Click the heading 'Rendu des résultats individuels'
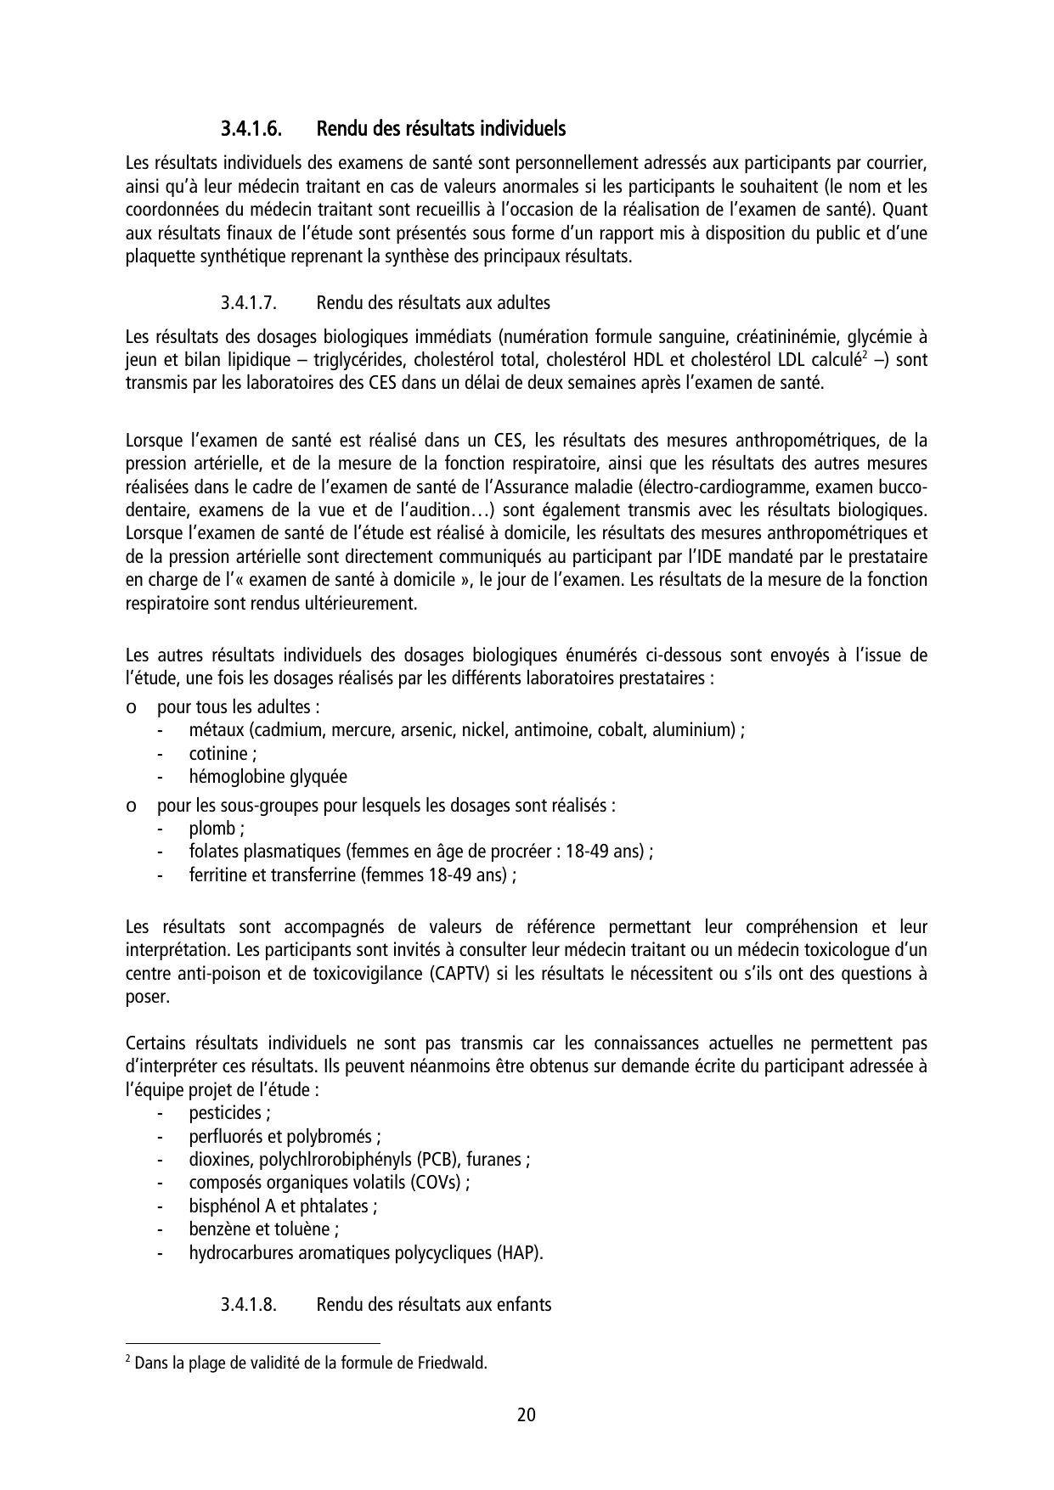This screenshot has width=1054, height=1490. click(x=441, y=130)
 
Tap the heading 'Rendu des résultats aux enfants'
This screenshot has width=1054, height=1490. click(x=433, y=1305)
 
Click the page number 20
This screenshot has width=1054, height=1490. click(x=526, y=1415)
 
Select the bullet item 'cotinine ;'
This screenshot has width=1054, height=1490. click(x=223, y=754)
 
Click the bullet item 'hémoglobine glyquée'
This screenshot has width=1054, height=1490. click(x=268, y=777)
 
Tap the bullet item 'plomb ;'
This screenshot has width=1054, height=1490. click(x=217, y=829)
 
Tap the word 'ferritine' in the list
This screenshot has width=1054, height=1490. click(x=217, y=875)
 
